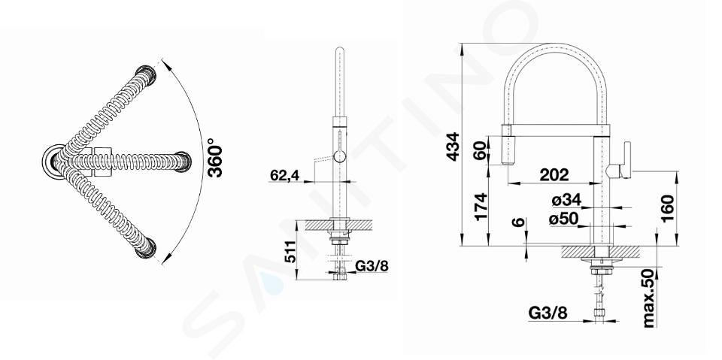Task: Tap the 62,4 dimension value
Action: point(284,175)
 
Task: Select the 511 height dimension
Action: point(290,252)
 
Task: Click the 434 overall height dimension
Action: point(453,147)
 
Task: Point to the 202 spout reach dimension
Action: point(554,174)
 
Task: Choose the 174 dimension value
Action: point(481,206)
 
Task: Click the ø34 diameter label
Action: point(566,200)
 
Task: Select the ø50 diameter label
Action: point(563,219)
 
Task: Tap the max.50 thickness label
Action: point(649,298)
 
